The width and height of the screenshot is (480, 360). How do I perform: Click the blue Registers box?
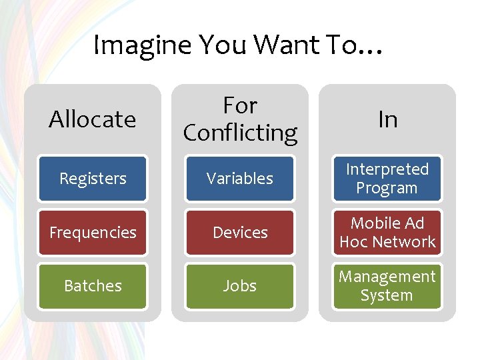point(93,179)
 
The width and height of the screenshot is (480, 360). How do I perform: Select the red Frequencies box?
point(93,233)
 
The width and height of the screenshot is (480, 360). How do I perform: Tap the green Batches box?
point(93,286)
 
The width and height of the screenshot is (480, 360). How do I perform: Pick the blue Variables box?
point(240,179)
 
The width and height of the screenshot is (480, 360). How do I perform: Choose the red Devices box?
point(240,233)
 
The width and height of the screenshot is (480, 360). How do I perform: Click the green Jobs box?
point(240,286)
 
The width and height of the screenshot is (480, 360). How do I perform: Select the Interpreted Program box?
point(387,179)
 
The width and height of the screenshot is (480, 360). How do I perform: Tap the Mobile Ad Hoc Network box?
point(387,233)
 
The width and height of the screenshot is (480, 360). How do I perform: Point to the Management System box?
point(387,286)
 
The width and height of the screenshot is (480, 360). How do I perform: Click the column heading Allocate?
point(93,119)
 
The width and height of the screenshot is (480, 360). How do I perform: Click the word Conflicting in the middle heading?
point(240,133)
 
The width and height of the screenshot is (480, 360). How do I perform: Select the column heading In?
point(387,119)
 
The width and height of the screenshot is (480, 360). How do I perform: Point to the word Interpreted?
point(387,169)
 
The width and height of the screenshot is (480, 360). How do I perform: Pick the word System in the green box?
point(387,295)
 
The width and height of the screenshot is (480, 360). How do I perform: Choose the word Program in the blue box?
point(387,189)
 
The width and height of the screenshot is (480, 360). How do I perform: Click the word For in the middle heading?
point(240,105)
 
